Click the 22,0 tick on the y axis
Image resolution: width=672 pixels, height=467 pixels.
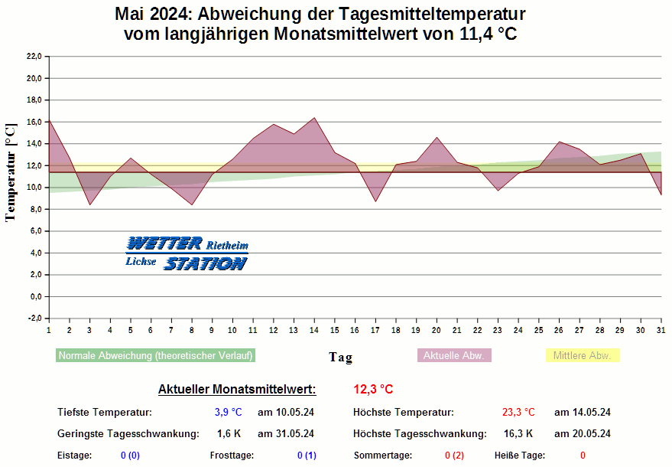coord(33,57)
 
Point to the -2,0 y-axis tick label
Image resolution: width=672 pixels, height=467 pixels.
coord(33,318)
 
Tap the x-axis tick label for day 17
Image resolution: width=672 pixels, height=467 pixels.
coord(375,330)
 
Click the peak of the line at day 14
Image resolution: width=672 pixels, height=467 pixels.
coord(314,118)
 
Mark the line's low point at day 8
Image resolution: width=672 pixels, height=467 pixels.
coord(192,204)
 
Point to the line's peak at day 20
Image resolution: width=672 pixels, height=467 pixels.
coord(437,138)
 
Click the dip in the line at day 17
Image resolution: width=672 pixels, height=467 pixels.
coord(375,201)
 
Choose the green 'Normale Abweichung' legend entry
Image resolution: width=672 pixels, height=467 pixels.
coord(155,356)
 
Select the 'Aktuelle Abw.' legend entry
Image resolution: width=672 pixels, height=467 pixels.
coord(454,356)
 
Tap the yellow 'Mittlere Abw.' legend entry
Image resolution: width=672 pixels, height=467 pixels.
coord(582,356)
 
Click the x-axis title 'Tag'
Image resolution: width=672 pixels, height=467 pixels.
coord(340,358)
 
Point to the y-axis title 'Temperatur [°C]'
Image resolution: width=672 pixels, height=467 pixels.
coord(11,172)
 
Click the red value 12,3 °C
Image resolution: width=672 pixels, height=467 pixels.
coord(373,389)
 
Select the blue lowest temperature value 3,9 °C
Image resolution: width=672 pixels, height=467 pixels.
coord(229,413)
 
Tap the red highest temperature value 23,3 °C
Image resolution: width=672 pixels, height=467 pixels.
coord(518,413)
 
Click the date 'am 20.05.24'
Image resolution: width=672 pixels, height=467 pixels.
coord(583,434)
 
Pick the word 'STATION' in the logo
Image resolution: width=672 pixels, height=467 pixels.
coord(205,263)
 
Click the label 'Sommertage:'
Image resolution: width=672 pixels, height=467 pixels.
coord(382,456)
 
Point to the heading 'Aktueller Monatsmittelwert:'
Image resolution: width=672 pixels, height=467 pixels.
coord(237,389)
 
